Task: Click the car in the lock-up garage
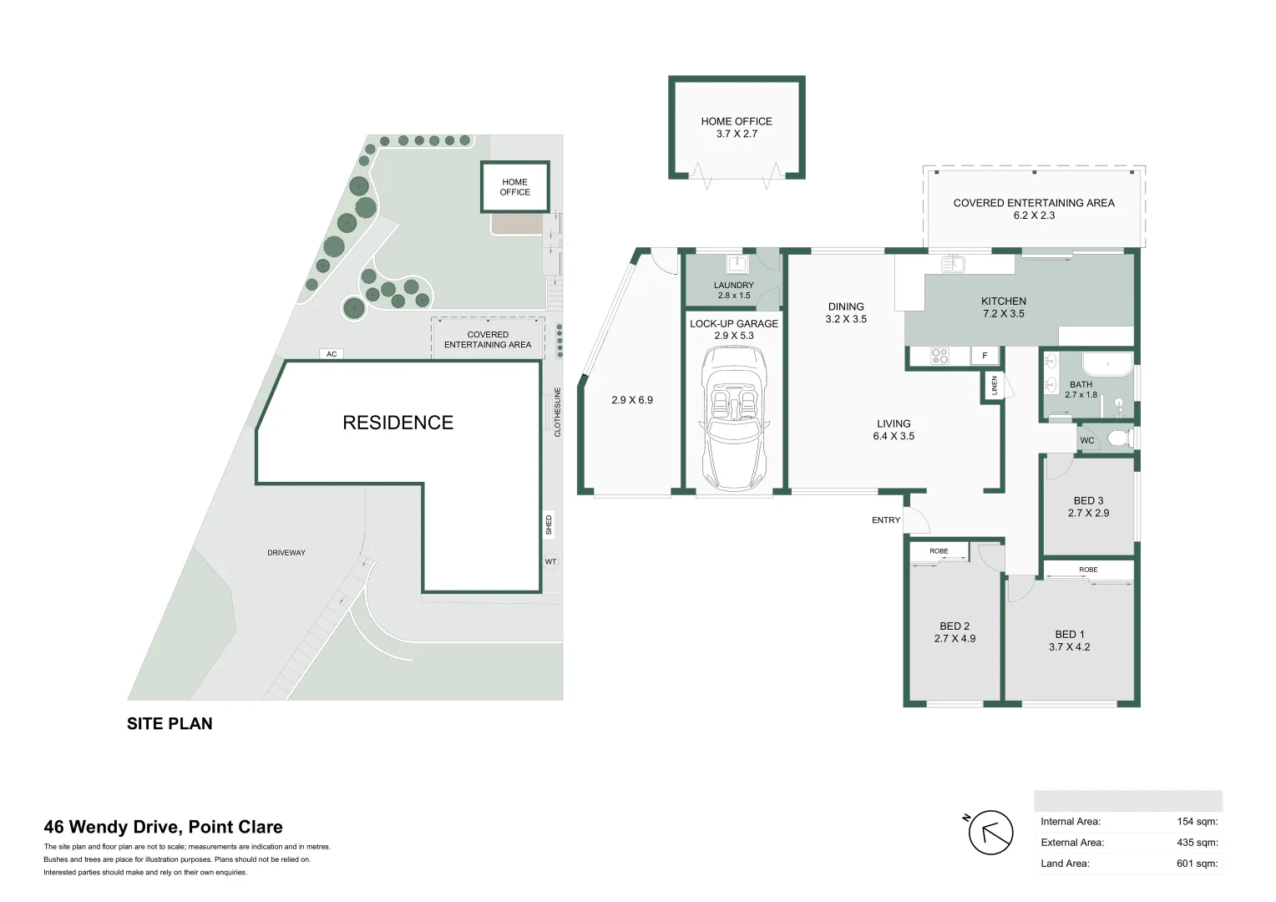[734, 420]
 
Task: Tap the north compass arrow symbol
[990, 833]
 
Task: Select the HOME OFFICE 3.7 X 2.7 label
[736, 128]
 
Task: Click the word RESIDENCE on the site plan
[397, 423]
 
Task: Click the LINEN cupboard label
[994, 386]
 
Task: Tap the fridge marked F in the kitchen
[985, 356]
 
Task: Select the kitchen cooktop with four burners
[939, 357]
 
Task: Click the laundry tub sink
[737, 265]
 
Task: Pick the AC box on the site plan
[332, 354]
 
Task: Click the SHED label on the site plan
[549, 525]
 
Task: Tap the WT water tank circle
[550, 562]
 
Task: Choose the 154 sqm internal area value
[1197, 822]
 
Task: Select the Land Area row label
[1065, 864]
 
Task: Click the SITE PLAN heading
[170, 724]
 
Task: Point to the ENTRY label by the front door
[886, 520]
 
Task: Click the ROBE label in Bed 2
[939, 551]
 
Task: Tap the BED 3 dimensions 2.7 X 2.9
[1088, 513]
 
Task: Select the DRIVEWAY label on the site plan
[286, 553]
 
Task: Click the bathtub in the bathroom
[1107, 366]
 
